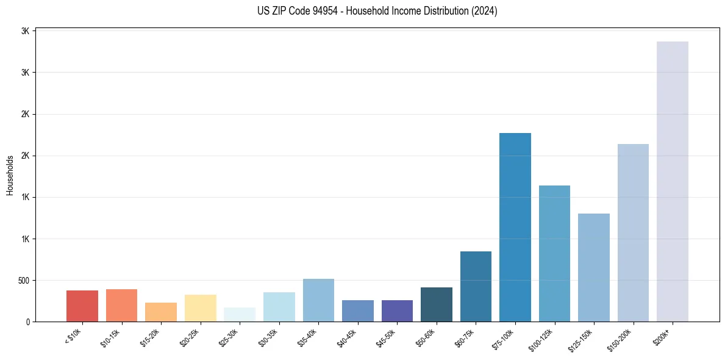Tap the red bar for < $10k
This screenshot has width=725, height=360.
tap(82, 306)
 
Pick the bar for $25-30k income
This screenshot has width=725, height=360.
tap(240, 314)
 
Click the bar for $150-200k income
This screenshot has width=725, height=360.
tap(633, 232)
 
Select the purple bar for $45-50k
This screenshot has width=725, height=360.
tap(397, 311)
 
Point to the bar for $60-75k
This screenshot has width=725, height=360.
tap(476, 286)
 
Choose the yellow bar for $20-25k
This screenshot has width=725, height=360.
tap(200, 308)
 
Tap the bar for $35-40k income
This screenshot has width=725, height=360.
tap(318, 300)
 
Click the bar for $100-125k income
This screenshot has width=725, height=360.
tap(554, 253)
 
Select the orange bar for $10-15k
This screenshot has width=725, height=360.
tap(121, 305)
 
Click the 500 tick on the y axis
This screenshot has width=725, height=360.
tap(24, 281)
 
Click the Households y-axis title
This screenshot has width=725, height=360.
tap(10, 175)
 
